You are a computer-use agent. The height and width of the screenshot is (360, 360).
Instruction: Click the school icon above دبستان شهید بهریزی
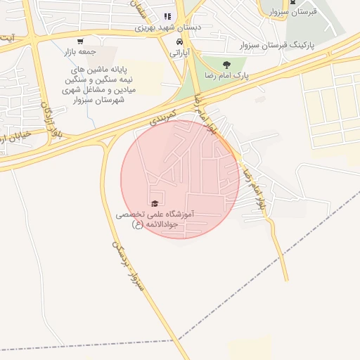[167, 16]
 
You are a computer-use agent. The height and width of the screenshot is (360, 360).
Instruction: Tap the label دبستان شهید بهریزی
[168, 28]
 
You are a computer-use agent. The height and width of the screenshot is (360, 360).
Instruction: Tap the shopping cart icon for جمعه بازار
[79, 41]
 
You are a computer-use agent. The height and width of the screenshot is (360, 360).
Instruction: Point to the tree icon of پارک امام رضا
[226, 65]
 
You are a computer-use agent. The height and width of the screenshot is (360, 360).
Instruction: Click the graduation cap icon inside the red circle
[154, 204]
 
